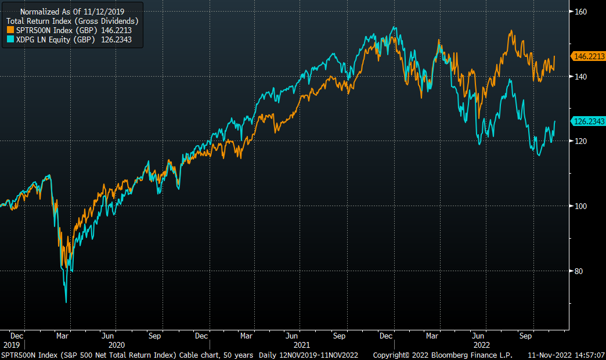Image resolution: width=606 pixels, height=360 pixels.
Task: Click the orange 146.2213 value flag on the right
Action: coord(589,56)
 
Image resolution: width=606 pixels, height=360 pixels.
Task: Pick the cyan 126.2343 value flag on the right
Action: coord(589,121)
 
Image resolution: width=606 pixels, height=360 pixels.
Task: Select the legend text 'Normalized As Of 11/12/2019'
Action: coord(72,12)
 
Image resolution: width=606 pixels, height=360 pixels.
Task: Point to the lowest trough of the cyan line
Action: coord(66,302)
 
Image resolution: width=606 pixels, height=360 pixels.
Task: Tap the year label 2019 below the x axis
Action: coord(11,344)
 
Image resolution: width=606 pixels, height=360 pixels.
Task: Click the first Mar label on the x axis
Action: coord(63,336)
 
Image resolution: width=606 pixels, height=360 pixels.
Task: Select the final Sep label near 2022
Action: coord(526,336)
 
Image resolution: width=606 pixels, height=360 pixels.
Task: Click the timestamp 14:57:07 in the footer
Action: coord(587,355)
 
